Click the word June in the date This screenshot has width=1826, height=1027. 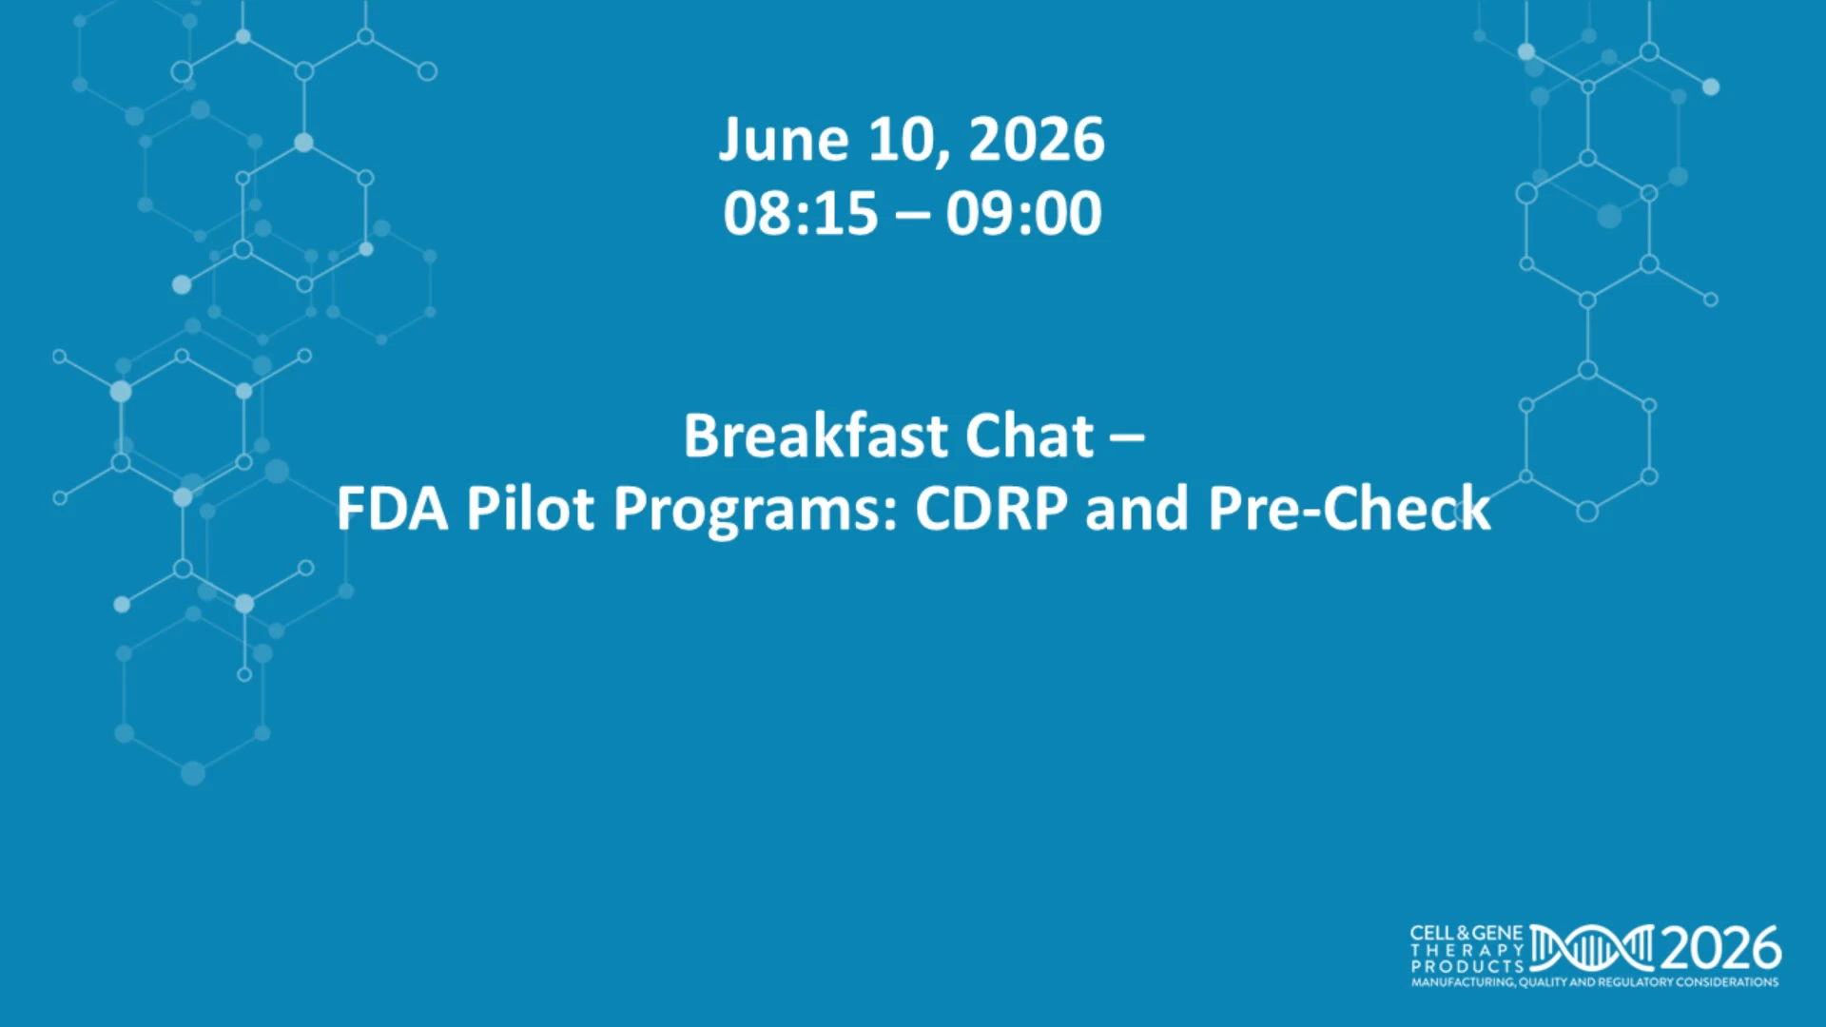coord(784,141)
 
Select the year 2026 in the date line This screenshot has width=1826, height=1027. coord(1037,140)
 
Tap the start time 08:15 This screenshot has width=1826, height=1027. coord(801,213)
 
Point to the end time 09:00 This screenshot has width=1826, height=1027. coord(1024,213)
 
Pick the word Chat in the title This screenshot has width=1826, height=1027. coord(1030,436)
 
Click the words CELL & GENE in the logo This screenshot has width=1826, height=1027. coord(1467,933)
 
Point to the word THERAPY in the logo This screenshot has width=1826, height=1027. coord(1467,950)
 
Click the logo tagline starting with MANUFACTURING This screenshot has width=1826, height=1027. coord(1595,981)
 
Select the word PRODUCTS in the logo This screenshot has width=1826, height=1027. coord(1467,965)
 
